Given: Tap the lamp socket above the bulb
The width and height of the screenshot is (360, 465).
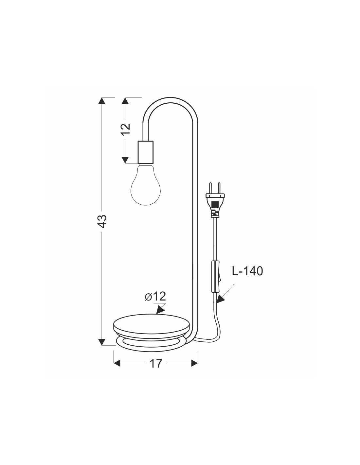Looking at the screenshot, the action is point(146,152).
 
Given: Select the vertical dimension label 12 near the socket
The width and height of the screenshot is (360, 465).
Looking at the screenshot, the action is point(126,129).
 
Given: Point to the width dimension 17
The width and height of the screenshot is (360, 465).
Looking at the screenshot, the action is point(156,364).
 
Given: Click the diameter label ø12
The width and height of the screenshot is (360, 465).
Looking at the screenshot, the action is point(155,297).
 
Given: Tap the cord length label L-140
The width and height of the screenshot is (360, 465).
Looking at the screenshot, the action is point(247,271).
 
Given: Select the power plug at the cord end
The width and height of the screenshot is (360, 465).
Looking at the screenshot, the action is point(215,200).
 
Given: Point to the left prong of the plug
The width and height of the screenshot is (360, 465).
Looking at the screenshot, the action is point(211,188).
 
